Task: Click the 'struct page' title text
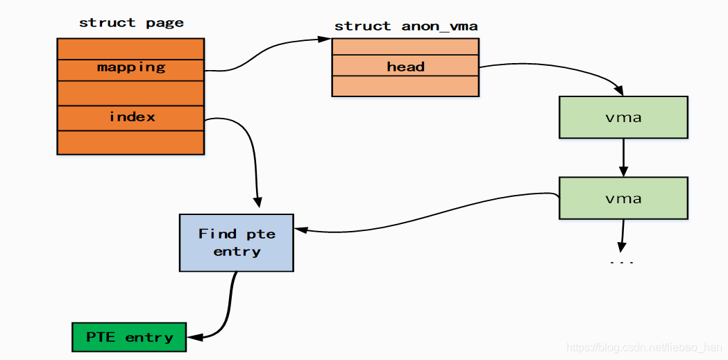(x=131, y=23)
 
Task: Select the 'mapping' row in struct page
(x=130, y=68)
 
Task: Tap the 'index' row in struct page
(x=130, y=117)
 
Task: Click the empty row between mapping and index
(x=130, y=93)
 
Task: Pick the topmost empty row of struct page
(x=130, y=49)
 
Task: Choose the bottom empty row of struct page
(x=130, y=142)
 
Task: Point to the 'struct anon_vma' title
(x=405, y=26)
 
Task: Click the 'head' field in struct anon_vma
(x=405, y=67)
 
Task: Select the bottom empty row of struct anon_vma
(x=405, y=87)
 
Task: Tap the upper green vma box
(x=623, y=117)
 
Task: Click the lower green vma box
(x=623, y=198)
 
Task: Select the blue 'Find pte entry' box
(x=237, y=242)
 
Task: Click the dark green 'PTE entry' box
(x=129, y=337)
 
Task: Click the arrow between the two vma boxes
(x=623, y=157)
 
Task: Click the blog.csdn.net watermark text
(x=645, y=347)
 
